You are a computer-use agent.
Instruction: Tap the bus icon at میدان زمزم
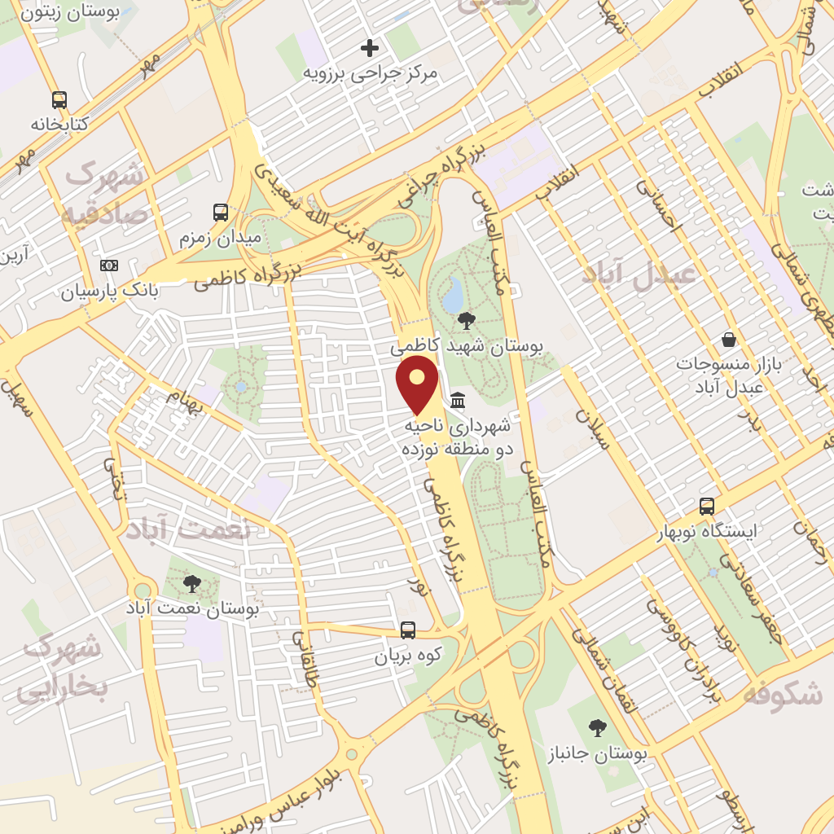pyautogui.click(x=221, y=213)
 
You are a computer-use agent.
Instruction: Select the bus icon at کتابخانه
pyautogui.click(x=59, y=100)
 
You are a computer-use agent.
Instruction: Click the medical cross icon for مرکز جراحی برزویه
pyautogui.click(x=370, y=48)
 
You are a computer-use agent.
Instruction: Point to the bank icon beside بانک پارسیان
pyautogui.click(x=109, y=266)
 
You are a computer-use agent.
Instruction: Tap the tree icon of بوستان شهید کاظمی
pyautogui.click(x=467, y=321)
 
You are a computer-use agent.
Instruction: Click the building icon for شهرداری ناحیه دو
pyautogui.click(x=458, y=400)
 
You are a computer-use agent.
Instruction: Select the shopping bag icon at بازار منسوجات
pyautogui.click(x=729, y=340)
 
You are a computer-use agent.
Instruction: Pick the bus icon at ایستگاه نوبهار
pyautogui.click(x=707, y=507)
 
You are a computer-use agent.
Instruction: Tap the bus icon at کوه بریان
pyautogui.click(x=408, y=630)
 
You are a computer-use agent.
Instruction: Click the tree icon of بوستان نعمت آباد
pyautogui.click(x=192, y=583)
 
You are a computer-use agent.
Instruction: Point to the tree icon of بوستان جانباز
pyautogui.click(x=598, y=728)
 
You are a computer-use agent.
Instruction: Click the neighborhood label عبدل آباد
pyautogui.click(x=639, y=274)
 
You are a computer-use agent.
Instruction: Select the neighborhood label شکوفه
pyautogui.click(x=783, y=695)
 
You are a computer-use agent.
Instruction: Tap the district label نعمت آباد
pyautogui.click(x=188, y=530)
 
